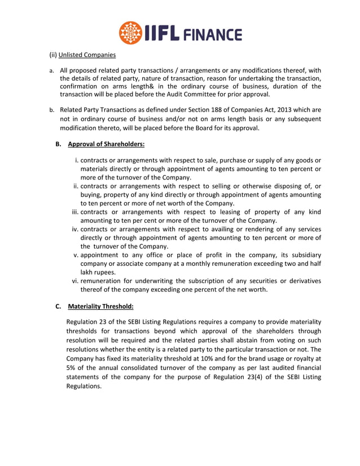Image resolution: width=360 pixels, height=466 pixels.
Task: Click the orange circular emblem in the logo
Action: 130,33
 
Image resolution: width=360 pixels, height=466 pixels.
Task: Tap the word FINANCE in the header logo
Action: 212,34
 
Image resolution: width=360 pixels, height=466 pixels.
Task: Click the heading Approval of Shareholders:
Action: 106,144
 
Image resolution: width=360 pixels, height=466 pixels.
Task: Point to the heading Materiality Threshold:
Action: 100,307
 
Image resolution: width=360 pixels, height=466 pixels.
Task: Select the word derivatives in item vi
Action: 300,280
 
